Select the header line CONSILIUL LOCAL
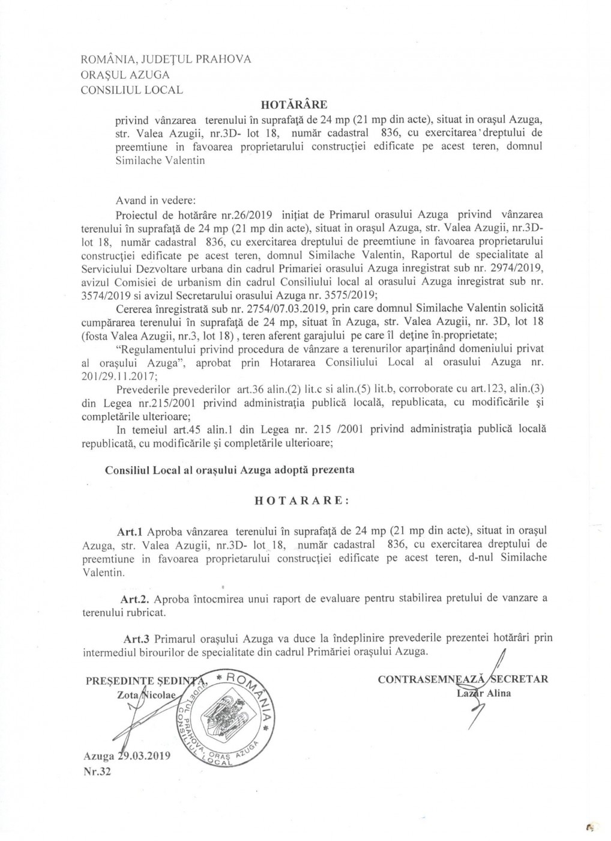tap(132, 91)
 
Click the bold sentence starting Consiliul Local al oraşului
tap(229, 470)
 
